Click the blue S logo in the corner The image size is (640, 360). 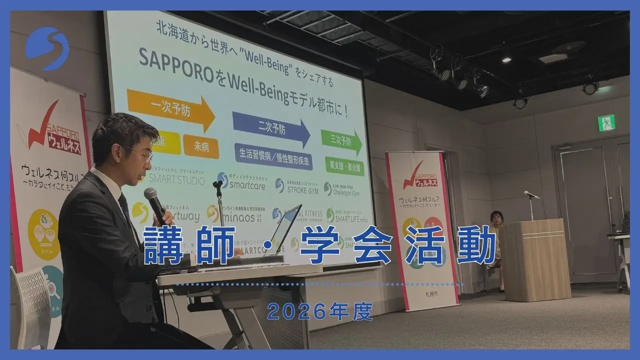47,48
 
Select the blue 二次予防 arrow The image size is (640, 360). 270,128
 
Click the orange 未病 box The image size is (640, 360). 201,146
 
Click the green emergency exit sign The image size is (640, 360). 606,122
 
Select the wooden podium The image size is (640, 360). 535,260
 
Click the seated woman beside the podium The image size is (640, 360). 496,235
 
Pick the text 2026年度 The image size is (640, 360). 319,311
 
